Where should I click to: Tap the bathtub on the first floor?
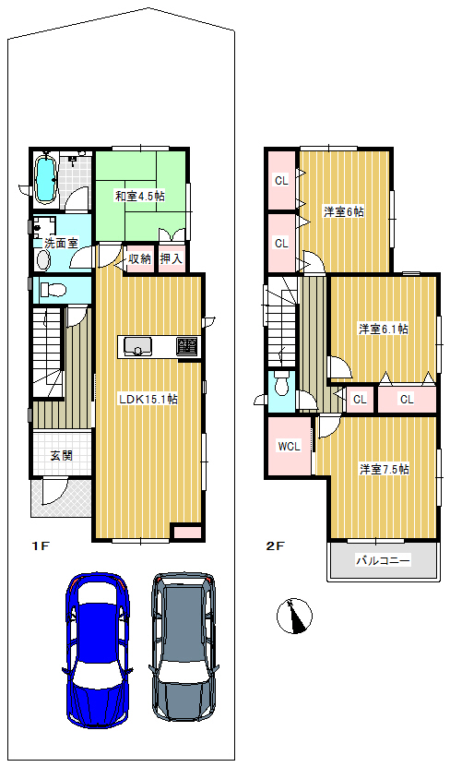click(46, 179)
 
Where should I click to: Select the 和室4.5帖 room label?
click(140, 197)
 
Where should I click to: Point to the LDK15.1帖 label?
click(148, 399)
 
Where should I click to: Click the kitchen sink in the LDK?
click(137, 347)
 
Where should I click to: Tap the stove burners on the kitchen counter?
click(186, 346)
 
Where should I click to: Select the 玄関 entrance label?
click(62, 455)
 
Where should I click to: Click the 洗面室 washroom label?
click(61, 243)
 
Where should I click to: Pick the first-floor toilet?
click(53, 290)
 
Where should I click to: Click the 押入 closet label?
click(171, 258)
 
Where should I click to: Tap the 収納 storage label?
click(140, 258)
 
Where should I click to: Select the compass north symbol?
click(295, 617)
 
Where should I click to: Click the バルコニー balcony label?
click(383, 560)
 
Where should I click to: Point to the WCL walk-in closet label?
click(290, 446)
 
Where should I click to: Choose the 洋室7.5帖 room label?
click(385, 470)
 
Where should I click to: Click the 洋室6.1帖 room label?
click(384, 330)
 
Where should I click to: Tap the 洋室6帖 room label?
click(343, 212)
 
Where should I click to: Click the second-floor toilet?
click(281, 384)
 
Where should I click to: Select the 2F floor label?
click(275, 546)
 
